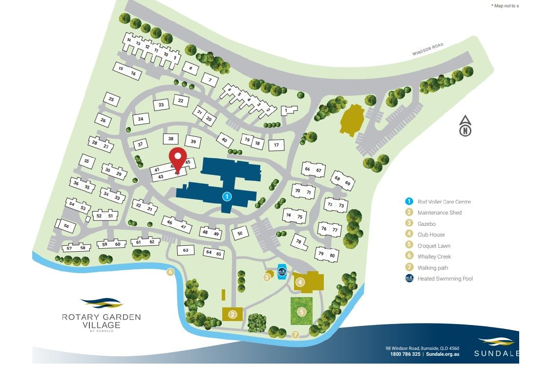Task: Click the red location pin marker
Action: pyautogui.click(x=178, y=157)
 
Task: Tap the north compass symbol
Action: pyautogui.click(x=465, y=127)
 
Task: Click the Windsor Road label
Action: pyautogui.click(x=427, y=49)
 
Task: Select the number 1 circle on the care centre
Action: pyautogui.click(x=227, y=196)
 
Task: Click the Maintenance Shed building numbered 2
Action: pyautogui.click(x=232, y=314)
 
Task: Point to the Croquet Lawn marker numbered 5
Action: pyautogui.click(x=302, y=311)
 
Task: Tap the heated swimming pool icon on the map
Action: pyautogui.click(x=282, y=272)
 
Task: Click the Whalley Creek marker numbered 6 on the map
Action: pyautogui.click(x=170, y=272)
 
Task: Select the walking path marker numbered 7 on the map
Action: pyautogui.click(x=295, y=335)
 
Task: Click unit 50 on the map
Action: pyautogui.click(x=240, y=234)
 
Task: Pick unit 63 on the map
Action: pyautogui.click(x=186, y=250)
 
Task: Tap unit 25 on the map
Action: pyautogui.click(x=111, y=100)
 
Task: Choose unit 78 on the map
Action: pyautogui.click(x=298, y=241)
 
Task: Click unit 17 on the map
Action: pyautogui.click(x=276, y=145)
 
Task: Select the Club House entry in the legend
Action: pyautogui.click(x=431, y=235)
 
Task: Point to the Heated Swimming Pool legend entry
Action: pyautogui.click(x=445, y=279)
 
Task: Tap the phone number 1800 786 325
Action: pyautogui.click(x=405, y=354)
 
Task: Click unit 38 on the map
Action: pyautogui.click(x=171, y=139)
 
